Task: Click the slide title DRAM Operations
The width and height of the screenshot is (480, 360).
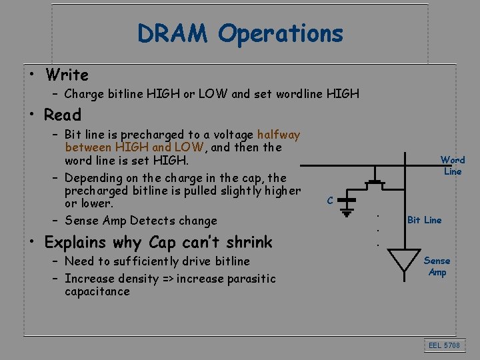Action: tap(240, 33)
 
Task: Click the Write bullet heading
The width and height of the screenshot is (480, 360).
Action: tap(66, 75)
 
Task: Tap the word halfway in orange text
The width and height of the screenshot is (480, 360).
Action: tap(278, 135)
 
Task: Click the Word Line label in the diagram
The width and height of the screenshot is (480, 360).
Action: tap(453, 165)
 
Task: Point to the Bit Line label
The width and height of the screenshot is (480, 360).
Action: tap(424, 220)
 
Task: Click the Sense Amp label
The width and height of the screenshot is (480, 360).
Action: tap(437, 267)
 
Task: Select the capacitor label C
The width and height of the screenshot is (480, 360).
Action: tap(330, 200)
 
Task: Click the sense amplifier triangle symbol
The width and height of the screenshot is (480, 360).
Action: tap(404, 260)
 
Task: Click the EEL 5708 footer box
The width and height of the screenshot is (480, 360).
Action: tap(445, 345)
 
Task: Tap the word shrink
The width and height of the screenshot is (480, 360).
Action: tap(249, 242)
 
